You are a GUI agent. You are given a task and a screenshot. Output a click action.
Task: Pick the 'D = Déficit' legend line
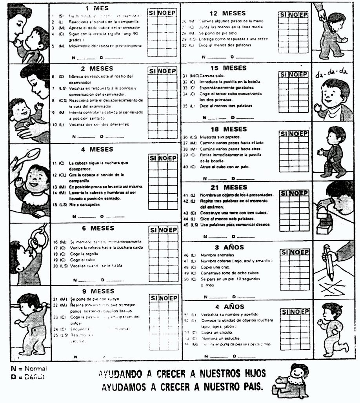pyautogui.click(x=28, y=377)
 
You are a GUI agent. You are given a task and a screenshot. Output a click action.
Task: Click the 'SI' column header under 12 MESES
pyautogui.click(x=284, y=15)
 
